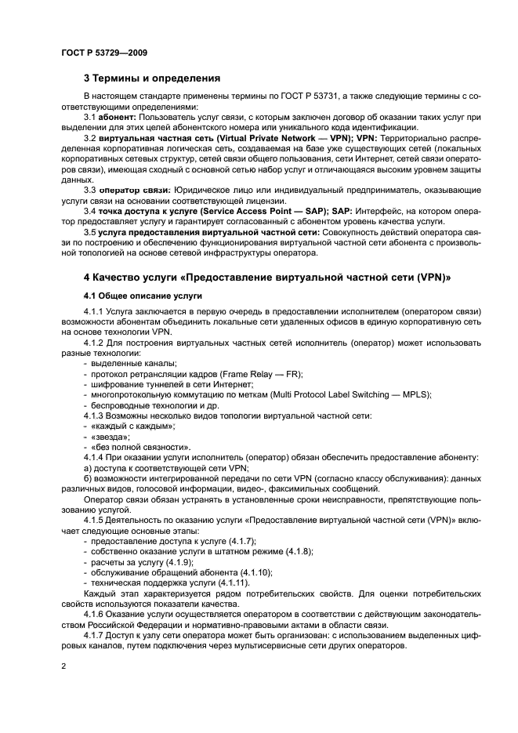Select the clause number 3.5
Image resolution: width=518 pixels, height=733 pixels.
89,233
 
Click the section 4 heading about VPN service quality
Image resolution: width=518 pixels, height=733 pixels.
267,278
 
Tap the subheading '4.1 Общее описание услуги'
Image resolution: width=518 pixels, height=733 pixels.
143,296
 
